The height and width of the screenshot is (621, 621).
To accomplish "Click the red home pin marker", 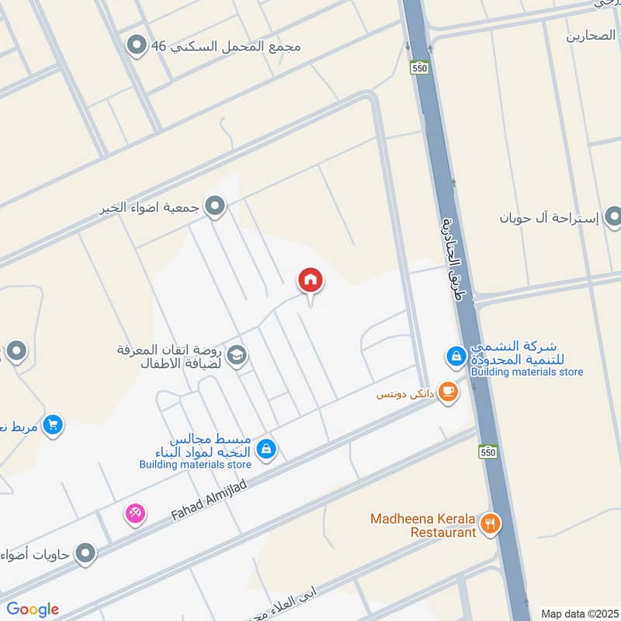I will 310,280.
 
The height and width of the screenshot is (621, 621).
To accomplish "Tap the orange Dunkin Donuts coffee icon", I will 447,391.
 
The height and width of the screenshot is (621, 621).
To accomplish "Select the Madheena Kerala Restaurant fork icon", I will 490,524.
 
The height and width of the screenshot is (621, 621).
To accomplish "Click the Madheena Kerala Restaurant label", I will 423,526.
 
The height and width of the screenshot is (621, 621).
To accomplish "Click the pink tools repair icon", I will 135,513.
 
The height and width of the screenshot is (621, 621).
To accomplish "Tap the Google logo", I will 33,609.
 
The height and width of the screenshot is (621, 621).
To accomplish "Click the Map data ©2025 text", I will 578,613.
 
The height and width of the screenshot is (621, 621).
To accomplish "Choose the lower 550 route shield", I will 487,451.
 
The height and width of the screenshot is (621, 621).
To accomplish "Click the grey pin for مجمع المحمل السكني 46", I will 138,46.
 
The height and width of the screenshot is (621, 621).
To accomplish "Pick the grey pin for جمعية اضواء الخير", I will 216,206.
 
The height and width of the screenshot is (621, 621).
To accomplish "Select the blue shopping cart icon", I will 53,425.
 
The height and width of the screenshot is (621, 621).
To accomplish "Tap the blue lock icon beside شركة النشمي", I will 456,357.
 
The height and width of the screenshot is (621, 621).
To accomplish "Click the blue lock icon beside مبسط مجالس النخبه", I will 265,449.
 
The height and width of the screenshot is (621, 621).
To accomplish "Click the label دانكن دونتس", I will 403,394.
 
